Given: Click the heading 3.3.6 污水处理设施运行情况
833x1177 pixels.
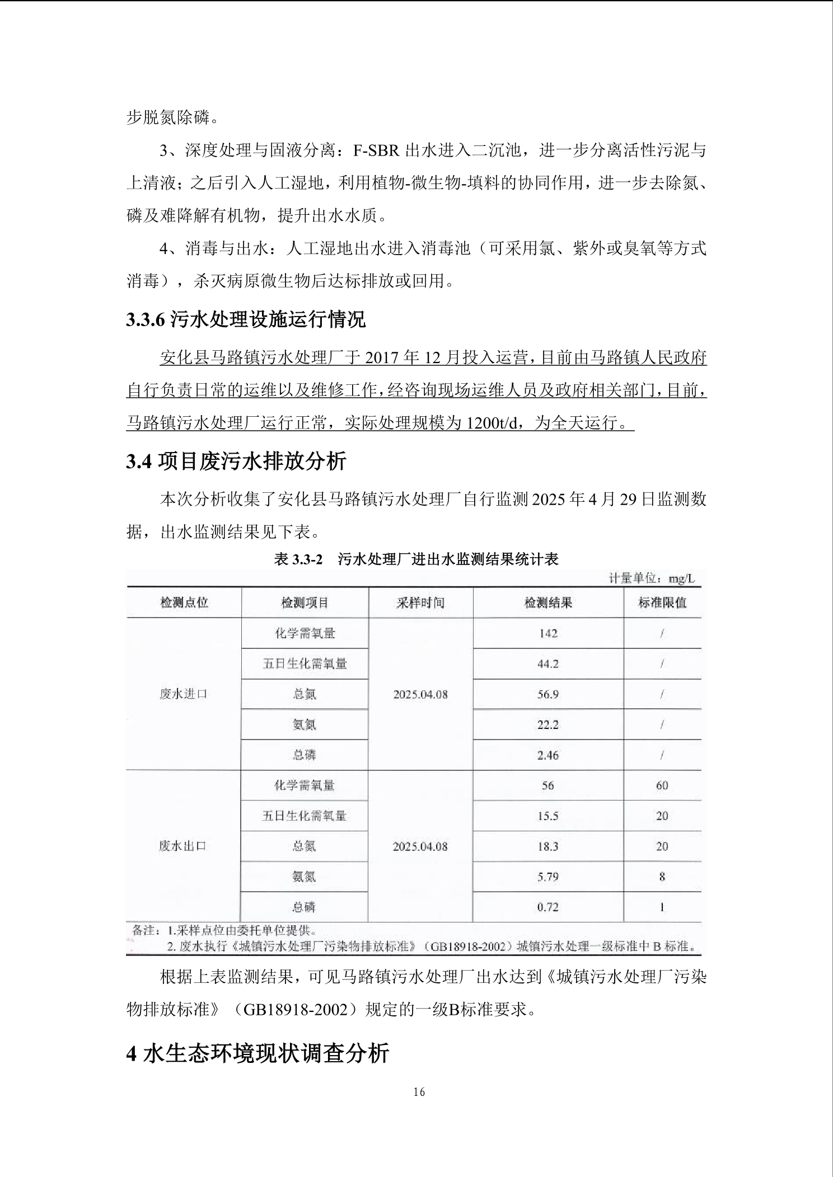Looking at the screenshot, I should pyautogui.click(x=246, y=319).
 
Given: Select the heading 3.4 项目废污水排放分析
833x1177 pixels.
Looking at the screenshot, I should pyautogui.click(x=236, y=461).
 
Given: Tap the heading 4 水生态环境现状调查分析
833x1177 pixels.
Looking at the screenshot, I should pyautogui.click(x=258, y=1054).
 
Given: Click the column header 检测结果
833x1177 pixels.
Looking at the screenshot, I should pyautogui.click(x=548, y=602).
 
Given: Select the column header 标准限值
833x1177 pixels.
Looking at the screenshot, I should pyautogui.click(x=662, y=602).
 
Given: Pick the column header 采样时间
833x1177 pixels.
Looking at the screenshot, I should pyautogui.click(x=420, y=602).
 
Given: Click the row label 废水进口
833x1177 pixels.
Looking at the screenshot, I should pyautogui.click(x=184, y=694).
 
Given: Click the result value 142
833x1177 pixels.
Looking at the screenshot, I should pyautogui.click(x=548, y=633).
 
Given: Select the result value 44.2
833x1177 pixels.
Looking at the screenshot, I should pyautogui.click(x=548, y=664).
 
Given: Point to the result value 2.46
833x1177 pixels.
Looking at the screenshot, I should pyautogui.click(x=548, y=755).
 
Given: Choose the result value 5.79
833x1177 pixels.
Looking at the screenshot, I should pyautogui.click(x=548, y=877).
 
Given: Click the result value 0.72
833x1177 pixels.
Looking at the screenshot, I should pyautogui.click(x=548, y=907).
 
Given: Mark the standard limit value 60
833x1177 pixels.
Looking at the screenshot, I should pyautogui.click(x=662, y=785).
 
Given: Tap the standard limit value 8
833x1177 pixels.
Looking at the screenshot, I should pyautogui.click(x=662, y=877).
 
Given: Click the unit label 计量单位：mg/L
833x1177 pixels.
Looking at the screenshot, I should pyautogui.click(x=652, y=578).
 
